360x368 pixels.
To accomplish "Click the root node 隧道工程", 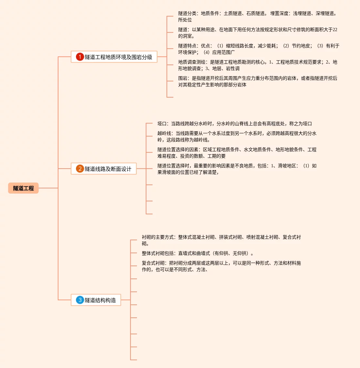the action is coord(23,188).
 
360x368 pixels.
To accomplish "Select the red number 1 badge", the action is coord(80,57).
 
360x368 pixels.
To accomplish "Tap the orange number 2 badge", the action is coord(80,169).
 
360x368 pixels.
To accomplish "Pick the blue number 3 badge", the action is coord(80,300).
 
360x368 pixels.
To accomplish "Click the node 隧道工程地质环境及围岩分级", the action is coord(118,57).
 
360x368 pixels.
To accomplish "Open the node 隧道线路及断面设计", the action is coord(108,169).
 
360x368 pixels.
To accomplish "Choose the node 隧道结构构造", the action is coord(100,300).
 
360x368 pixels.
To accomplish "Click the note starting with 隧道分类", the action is coord(257,17).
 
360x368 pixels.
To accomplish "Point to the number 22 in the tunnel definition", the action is coord(335,30).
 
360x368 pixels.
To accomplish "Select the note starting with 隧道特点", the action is coord(258,49).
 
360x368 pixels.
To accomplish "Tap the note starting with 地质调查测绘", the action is coord(257,65).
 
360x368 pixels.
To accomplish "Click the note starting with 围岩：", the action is coord(257,81).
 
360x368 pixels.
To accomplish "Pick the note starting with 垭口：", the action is coord(234,124).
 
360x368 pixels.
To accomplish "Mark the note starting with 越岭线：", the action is coord(237,137).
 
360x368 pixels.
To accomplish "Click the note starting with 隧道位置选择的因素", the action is coord(237,153).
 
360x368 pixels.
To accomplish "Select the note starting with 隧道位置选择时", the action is coord(237,169).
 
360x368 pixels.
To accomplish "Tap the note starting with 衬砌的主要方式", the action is coord(221,240).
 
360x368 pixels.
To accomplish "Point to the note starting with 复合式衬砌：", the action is coord(221,266).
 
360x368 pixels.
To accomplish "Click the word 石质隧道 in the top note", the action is coord(255,13).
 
